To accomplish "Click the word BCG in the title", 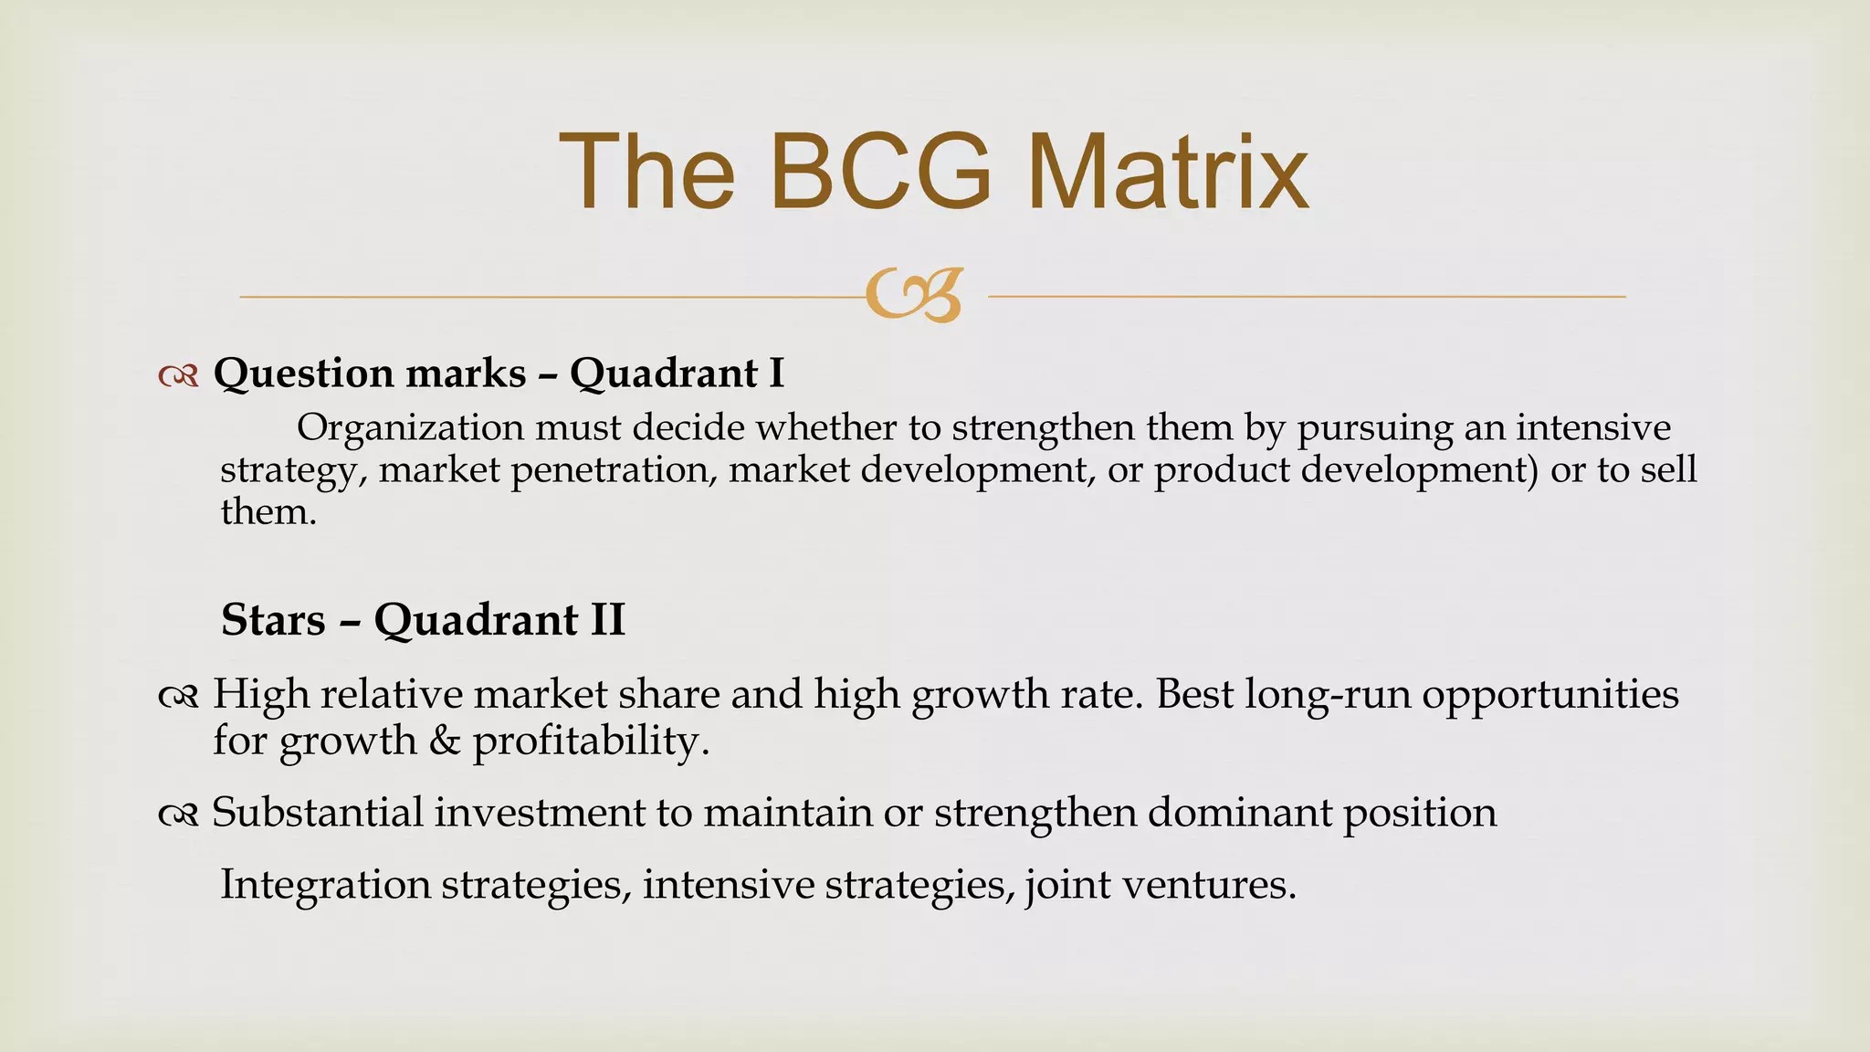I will tap(880, 173).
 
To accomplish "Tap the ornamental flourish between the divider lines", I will tap(914, 296).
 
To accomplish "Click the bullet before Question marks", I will tap(178, 375).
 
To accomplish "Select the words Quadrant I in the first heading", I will tap(677, 373).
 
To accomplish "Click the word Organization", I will tap(410, 428).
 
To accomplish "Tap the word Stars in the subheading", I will tap(273, 620).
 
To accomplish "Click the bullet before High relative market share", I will tap(178, 698).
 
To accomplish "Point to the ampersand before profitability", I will tap(444, 741).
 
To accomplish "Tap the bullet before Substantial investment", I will tap(178, 815).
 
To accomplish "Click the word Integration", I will tap(325, 886).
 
